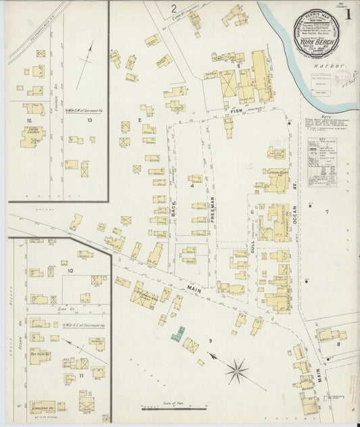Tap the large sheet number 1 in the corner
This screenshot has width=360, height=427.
(348, 14)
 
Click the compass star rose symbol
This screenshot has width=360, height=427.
(237, 370)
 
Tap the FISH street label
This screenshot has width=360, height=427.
(236, 110)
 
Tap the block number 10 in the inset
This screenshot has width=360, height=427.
(70, 270)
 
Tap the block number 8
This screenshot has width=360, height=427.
(338, 343)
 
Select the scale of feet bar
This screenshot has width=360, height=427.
(173, 408)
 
